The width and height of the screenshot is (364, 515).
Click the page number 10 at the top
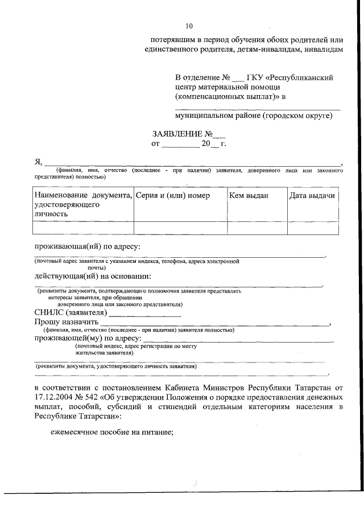[x=189, y=26]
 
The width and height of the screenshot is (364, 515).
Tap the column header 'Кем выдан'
[x=249, y=196]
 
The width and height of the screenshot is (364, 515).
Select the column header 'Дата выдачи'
[x=312, y=196]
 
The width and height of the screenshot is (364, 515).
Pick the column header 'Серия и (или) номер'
[x=172, y=196]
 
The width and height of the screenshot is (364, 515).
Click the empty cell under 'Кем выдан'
[x=256, y=228]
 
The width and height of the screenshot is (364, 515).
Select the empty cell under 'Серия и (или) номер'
[x=180, y=228]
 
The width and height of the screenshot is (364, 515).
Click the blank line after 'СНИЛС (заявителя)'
[x=145, y=313]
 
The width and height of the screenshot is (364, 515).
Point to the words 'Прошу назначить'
[x=67, y=322]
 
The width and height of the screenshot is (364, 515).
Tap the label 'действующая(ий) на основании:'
[x=92, y=276]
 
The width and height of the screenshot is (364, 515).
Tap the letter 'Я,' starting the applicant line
[x=39, y=162]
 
